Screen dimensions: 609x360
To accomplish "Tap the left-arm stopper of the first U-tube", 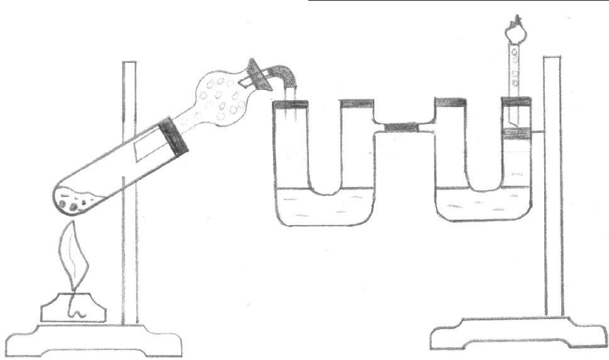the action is coord(291,103).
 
